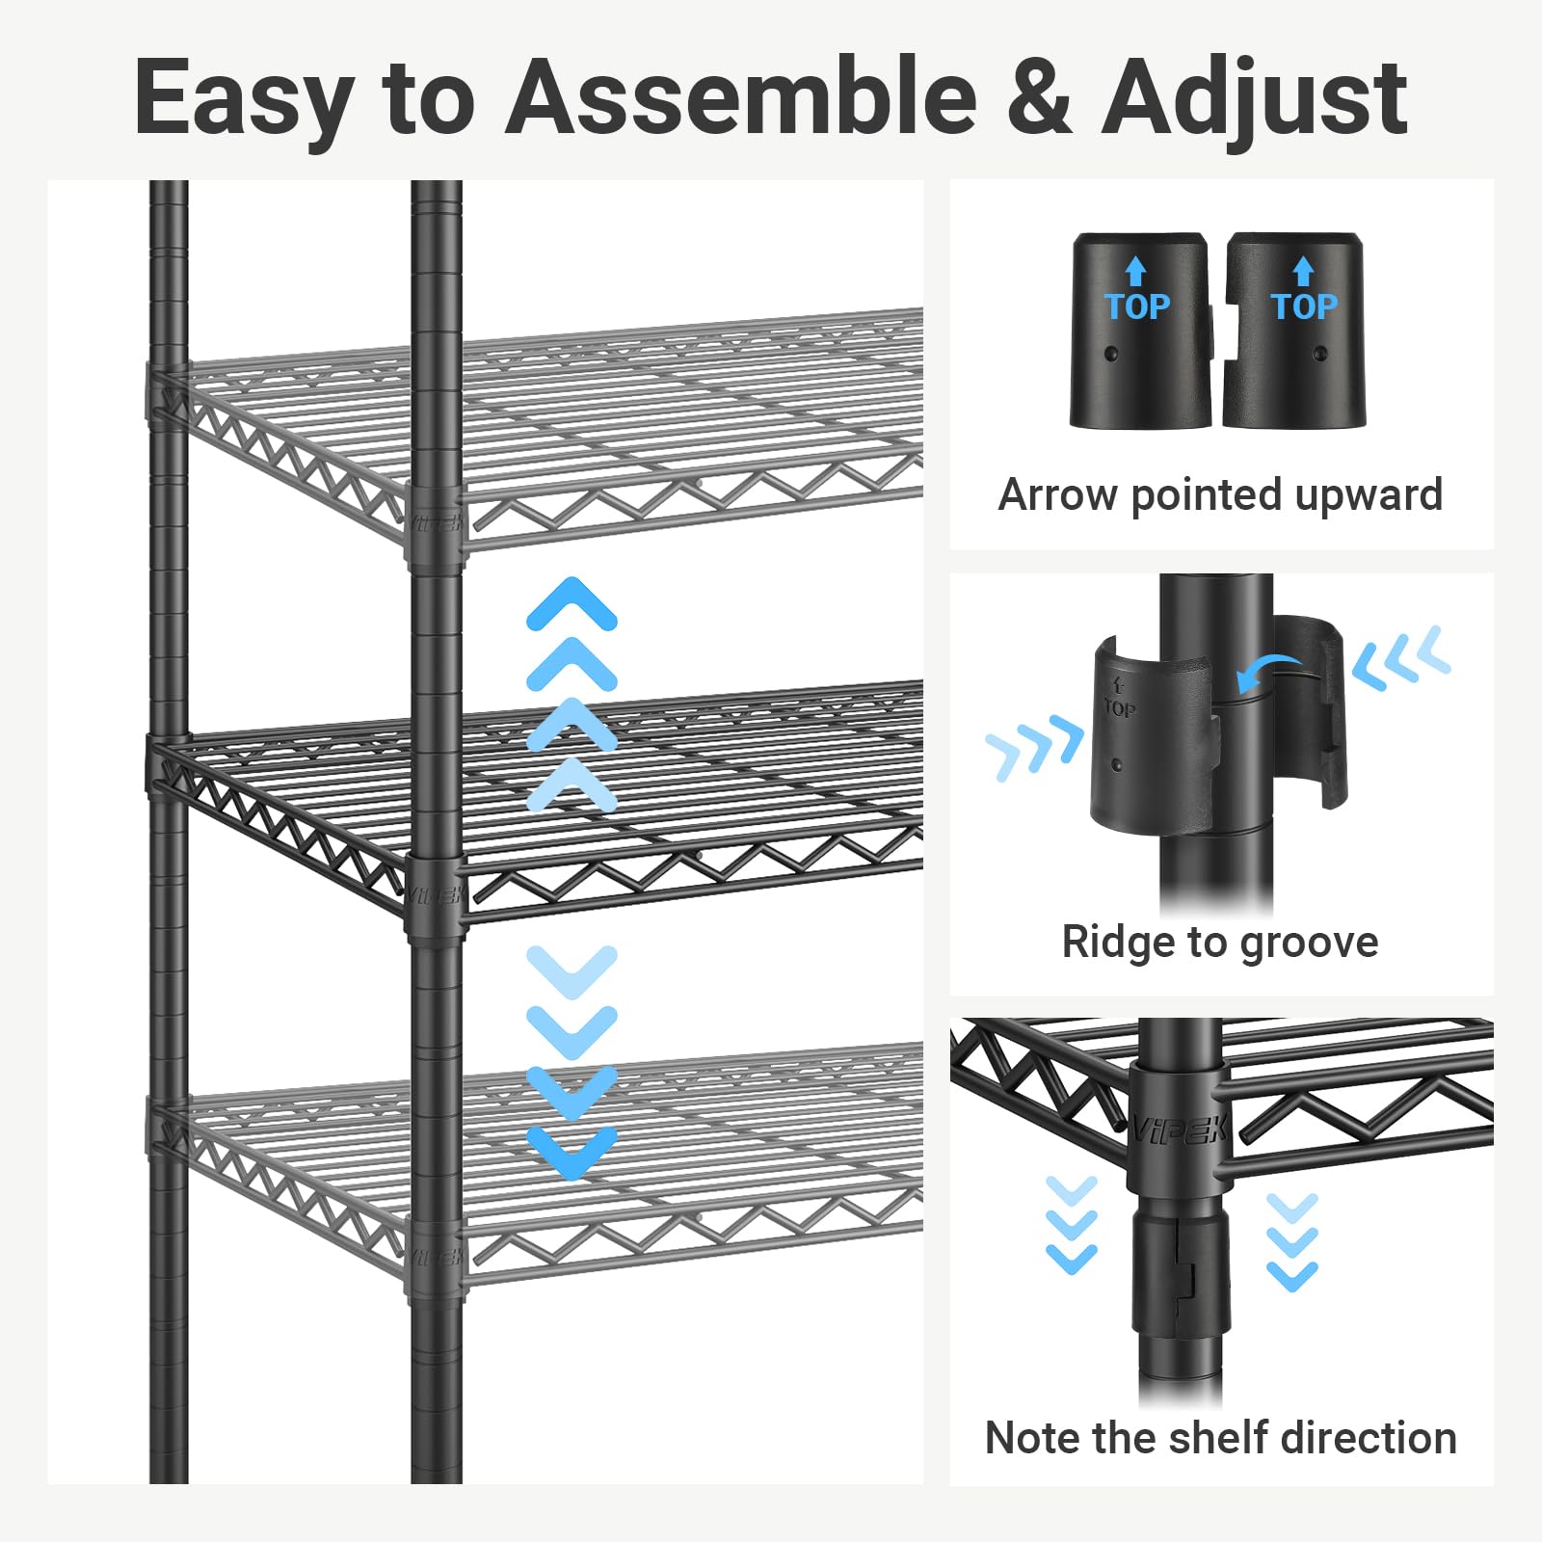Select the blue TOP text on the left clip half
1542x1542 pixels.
[x=1137, y=307]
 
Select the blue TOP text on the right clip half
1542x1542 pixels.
[x=1304, y=307]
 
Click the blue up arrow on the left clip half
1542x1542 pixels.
[x=1136, y=271]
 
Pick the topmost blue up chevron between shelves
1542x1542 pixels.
[x=572, y=603]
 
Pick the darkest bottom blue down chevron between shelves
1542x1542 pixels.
[x=572, y=1152]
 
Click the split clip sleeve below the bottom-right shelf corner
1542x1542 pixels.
[x=1181, y=1272]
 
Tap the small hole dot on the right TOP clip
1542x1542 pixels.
[x=1321, y=355]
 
